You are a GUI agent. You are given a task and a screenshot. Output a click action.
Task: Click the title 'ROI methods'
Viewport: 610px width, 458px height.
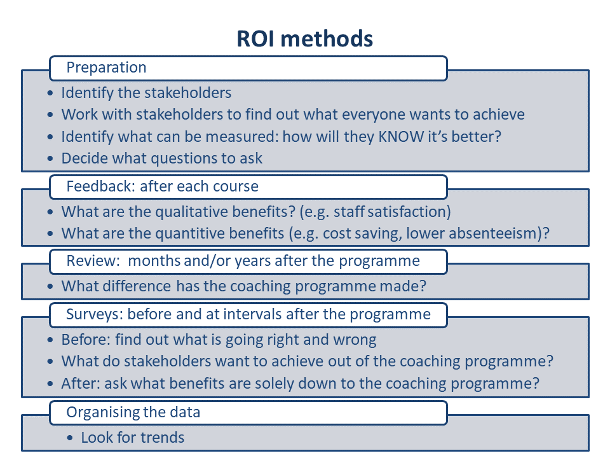(304, 39)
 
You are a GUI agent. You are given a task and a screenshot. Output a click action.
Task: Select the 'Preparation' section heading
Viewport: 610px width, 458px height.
(106, 67)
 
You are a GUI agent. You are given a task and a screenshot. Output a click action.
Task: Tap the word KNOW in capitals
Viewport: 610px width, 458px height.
(401, 136)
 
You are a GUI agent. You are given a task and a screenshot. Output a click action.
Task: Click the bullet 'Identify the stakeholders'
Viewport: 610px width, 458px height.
(146, 93)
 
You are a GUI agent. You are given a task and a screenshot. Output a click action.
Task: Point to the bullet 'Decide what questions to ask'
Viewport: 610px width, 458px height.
(162, 158)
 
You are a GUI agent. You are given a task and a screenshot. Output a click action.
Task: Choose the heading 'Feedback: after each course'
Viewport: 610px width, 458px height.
(162, 186)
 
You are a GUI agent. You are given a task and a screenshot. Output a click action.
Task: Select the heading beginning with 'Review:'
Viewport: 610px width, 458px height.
(243, 261)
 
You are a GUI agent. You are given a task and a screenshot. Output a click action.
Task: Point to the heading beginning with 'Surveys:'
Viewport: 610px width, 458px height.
(248, 314)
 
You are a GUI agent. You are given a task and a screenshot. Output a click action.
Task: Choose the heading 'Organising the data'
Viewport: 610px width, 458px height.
(133, 412)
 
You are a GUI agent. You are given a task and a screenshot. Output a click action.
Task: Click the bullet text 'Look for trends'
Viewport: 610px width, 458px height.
(133, 438)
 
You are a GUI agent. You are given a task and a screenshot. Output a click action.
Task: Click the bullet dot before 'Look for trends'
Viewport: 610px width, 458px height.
(70, 438)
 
